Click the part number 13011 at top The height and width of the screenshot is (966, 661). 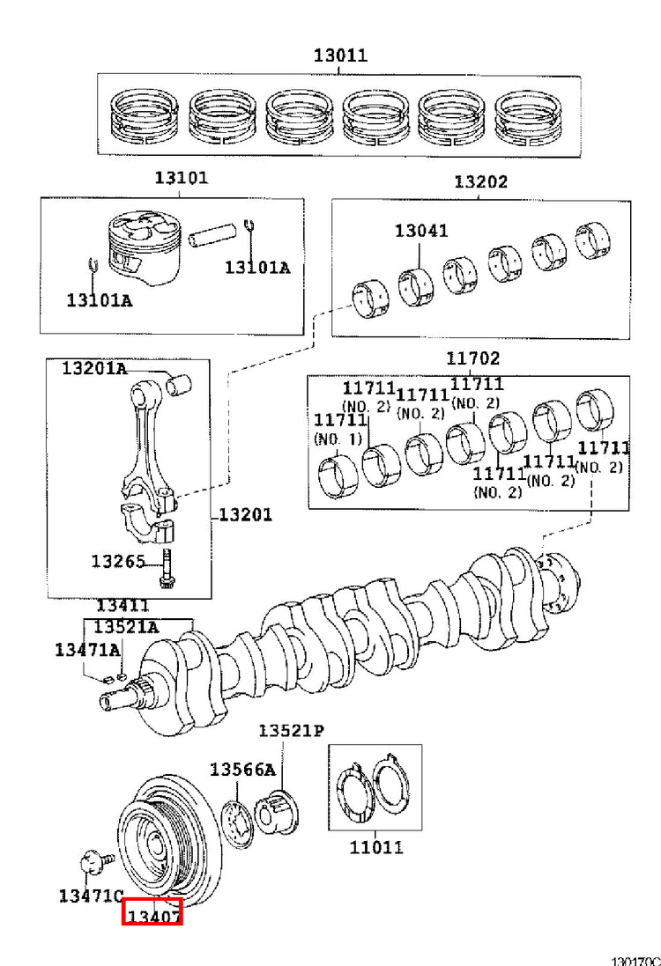click(x=340, y=55)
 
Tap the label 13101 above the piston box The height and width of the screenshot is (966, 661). click(x=182, y=177)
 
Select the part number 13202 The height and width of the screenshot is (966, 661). click(x=481, y=181)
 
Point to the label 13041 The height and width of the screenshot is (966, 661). click(x=421, y=231)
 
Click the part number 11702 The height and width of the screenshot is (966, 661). click(x=473, y=358)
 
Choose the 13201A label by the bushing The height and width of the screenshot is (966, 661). click(x=94, y=368)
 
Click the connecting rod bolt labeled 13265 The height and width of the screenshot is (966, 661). click(x=166, y=569)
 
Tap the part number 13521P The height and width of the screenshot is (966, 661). click(x=291, y=731)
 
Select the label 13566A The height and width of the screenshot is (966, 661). click(x=243, y=770)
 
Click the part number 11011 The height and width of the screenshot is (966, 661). click(x=376, y=848)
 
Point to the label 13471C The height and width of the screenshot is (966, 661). click(x=92, y=896)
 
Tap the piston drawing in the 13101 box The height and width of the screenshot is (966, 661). click(x=145, y=247)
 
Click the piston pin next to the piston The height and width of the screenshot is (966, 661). click(x=212, y=234)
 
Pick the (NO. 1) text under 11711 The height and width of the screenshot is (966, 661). click(x=338, y=439)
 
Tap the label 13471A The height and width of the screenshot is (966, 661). click(x=87, y=649)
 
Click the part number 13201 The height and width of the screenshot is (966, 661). click(x=245, y=514)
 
